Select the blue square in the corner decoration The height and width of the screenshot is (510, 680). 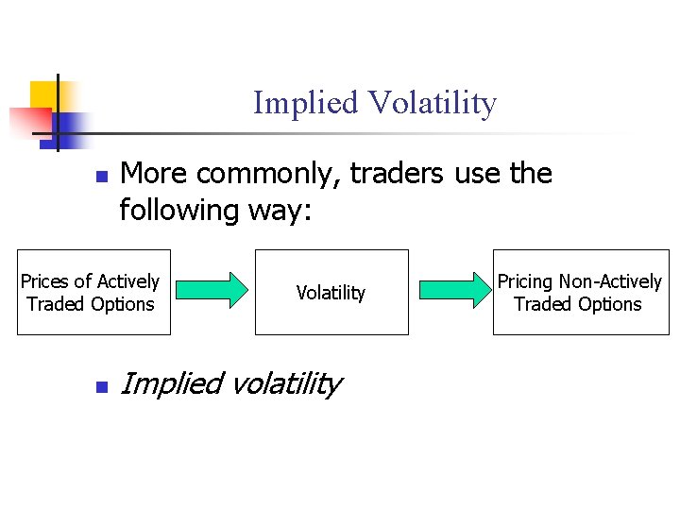pos(70,126)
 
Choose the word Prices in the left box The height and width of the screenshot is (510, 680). pos(44,281)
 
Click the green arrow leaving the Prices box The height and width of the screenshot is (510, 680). pos(212,291)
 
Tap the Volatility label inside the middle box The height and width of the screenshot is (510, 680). pos(331,293)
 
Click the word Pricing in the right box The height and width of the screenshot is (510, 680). pos(525,281)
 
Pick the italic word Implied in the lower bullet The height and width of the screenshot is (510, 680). pos(171,384)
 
